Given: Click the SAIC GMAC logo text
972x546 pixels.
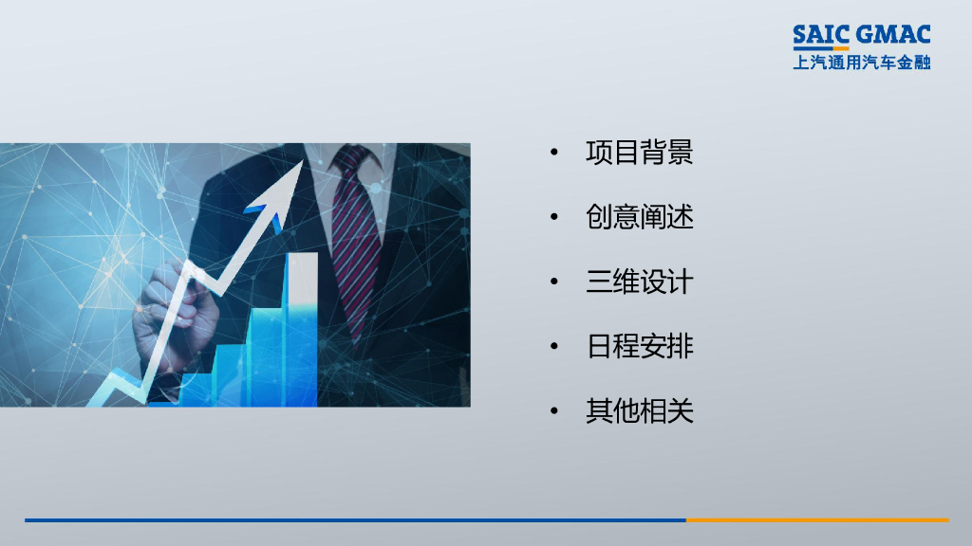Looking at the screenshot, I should point(862,36).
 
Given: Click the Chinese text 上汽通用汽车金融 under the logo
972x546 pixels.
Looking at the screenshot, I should point(862,63).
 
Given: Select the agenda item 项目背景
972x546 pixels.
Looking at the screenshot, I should point(640,153).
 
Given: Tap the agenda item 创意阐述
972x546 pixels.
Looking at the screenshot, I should point(640,217).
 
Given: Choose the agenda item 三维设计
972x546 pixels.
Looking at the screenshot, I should point(640,282).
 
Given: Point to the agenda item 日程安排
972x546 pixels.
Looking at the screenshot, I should point(640,346).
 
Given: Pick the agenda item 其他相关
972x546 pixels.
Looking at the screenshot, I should point(640,410).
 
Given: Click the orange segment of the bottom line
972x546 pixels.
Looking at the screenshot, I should point(816,519).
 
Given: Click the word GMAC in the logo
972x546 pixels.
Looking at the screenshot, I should point(893,36).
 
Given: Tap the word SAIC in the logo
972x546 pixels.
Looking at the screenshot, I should point(821,36).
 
